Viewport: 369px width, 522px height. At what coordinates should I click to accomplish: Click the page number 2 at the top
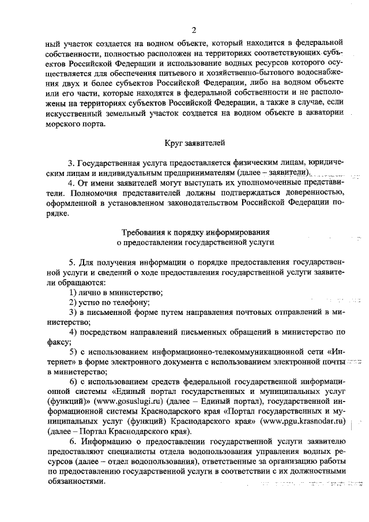tap(194, 30)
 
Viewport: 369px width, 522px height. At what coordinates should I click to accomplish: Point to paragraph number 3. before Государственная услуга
tap(72, 162)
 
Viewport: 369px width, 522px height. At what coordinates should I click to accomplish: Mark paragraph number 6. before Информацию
tap(72, 441)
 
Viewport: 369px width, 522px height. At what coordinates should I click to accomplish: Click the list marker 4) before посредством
tap(73, 332)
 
